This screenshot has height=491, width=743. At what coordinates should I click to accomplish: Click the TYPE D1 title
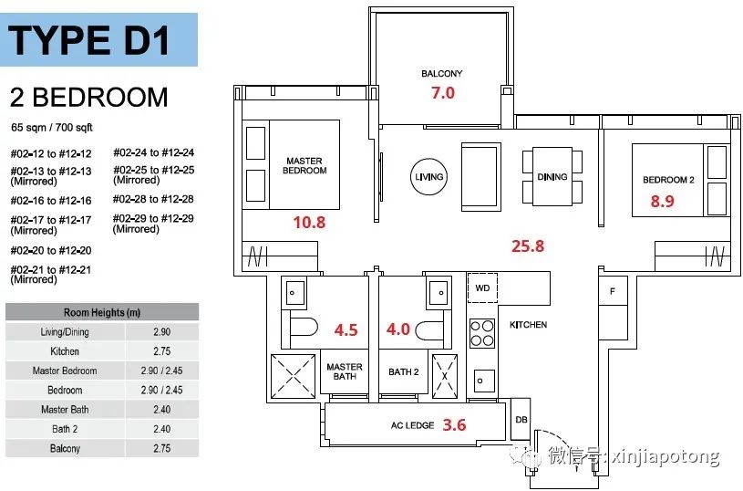point(88,40)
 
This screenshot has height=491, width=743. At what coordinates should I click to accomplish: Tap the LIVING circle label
point(428,177)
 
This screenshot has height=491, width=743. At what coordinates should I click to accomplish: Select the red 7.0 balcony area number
point(442,93)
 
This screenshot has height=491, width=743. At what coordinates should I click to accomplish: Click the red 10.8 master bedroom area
point(309,222)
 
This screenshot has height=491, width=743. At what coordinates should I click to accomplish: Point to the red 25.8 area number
point(528,245)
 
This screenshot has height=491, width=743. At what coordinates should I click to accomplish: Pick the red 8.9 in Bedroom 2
point(662,201)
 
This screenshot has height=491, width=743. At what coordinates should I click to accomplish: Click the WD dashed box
point(482,287)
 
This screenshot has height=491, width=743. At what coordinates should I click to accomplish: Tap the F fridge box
point(613,291)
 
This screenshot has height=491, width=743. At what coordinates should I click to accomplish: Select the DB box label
point(521,420)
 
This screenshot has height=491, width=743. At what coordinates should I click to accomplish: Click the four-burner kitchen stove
point(482,333)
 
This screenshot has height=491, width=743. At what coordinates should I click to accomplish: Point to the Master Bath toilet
point(304,329)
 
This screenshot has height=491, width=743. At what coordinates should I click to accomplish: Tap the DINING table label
point(552,177)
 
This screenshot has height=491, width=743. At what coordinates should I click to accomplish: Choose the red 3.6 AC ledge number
point(454,424)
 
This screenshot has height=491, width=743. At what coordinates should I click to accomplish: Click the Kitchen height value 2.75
point(161,351)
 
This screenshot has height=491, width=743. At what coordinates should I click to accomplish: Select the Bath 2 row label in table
point(65,429)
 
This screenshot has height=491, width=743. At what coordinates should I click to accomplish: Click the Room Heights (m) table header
point(102,313)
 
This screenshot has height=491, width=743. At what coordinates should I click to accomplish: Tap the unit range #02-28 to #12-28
point(153,199)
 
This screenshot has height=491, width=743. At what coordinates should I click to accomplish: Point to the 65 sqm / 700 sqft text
point(52,128)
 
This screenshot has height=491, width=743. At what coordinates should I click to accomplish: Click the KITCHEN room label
point(529,325)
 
